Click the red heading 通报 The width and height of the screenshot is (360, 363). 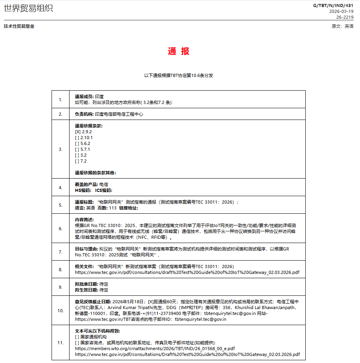(179, 51)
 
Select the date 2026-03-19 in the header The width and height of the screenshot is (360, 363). (341, 11)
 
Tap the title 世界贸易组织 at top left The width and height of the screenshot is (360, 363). (28, 8)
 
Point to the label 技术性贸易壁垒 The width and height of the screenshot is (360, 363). (19, 26)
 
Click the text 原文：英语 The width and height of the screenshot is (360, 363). (342, 26)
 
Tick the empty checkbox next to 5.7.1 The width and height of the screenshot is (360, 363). (77, 149)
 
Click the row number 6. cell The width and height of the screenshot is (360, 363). (61, 229)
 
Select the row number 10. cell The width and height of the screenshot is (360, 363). (61, 311)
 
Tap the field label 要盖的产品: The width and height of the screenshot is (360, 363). (86, 184)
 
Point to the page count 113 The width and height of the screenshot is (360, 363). (113, 208)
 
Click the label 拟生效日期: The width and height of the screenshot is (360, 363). (86, 290)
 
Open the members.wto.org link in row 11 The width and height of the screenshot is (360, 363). (155, 348)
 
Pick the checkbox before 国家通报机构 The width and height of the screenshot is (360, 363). (77, 337)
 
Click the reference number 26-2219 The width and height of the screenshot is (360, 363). (345, 17)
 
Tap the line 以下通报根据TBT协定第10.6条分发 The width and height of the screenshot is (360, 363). (178, 75)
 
